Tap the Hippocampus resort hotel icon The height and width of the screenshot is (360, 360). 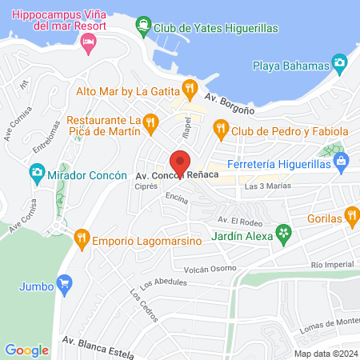tap(89, 41)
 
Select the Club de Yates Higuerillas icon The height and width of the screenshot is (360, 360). tap(143, 24)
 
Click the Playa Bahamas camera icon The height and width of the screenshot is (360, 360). tap(339, 62)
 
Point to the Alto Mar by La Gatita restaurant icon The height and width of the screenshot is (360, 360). tap(189, 88)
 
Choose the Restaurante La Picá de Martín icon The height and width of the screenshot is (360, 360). tap(154, 122)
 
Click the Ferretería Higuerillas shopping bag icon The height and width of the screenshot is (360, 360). tap(342, 161)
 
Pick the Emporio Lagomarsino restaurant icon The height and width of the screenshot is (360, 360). tap(81, 237)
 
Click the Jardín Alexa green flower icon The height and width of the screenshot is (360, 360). tap(282, 233)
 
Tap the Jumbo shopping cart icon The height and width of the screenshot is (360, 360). tap(65, 283)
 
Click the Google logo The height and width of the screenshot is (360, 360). tap(27, 350)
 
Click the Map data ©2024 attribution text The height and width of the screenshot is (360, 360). tap(324, 353)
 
